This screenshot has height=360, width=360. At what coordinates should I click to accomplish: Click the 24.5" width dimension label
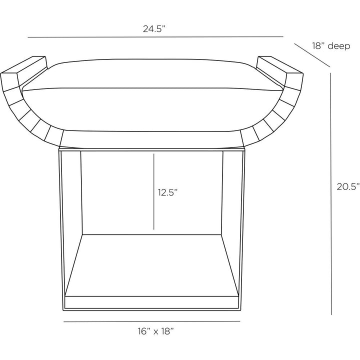pos(154,29)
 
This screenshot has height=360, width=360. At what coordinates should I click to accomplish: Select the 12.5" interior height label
pos(168,192)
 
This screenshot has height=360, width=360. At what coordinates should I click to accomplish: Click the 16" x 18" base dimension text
pos(155,331)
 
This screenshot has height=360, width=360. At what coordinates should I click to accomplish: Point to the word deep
pos(339,46)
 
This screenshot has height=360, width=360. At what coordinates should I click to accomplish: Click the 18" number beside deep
pos(318,45)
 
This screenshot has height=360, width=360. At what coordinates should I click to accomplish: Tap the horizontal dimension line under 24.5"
pos(155,36)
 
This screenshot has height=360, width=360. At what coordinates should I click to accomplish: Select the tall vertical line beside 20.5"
pos(331,194)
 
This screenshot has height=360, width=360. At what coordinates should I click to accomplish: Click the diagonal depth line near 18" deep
pos(312,55)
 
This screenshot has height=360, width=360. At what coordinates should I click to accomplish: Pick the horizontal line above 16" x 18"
pos(152,321)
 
